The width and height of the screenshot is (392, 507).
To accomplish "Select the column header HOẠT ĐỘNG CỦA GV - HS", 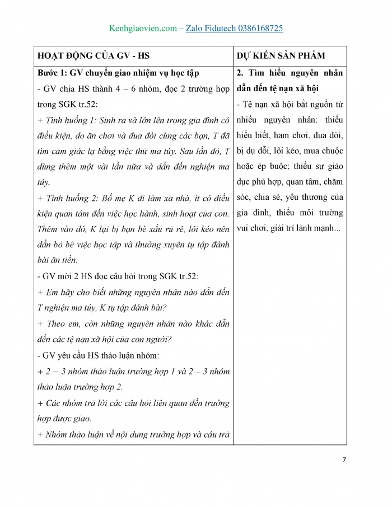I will coord(94,56).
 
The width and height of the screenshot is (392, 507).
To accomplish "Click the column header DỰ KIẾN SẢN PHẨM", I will coord(281,56).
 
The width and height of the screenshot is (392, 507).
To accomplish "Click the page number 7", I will coord(344,459).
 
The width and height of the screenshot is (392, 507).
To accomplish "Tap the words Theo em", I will coord(58,323).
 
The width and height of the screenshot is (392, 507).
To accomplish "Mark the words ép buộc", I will coord(268,166).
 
